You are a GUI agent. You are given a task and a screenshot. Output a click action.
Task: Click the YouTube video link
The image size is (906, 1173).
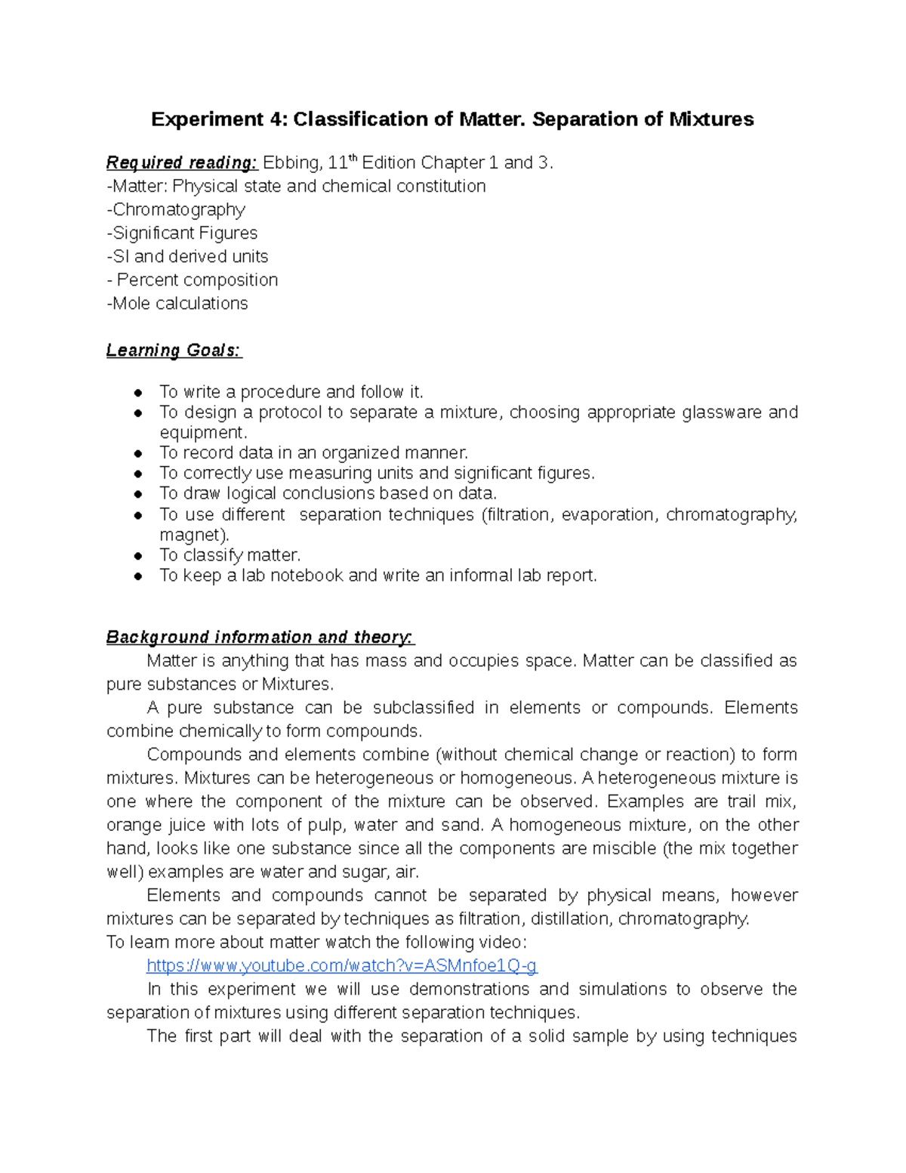(x=341, y=965)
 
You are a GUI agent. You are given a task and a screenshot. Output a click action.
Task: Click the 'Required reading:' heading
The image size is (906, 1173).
(x=182, y=162)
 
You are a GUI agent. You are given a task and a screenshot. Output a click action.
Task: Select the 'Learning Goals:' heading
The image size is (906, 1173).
(x=174, y=350)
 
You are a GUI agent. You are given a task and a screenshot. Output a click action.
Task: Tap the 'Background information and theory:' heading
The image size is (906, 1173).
(x=260, y=637)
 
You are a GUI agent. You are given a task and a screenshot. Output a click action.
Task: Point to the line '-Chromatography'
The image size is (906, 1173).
(x=176, y=209)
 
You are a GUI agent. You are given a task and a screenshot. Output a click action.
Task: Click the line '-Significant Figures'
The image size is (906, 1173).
(x=182, y=233)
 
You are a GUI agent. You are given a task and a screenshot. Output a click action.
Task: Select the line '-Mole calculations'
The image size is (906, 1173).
(x=177, y=303)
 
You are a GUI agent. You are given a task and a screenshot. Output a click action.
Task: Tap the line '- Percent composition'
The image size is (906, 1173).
(x=193, y=279)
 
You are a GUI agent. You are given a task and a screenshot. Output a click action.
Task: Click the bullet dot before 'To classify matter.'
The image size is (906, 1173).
(x=138, y=556)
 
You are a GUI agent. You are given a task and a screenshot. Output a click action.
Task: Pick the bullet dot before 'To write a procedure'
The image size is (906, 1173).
(x=138, y=393)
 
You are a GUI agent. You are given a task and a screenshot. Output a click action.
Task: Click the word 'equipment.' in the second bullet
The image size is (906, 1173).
(x=203, y=433)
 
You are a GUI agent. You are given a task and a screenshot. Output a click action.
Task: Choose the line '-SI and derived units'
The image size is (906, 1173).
(x=187, y=256)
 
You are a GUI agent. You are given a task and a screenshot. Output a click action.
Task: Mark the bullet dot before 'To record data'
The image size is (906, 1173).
(x=138, y=454)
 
